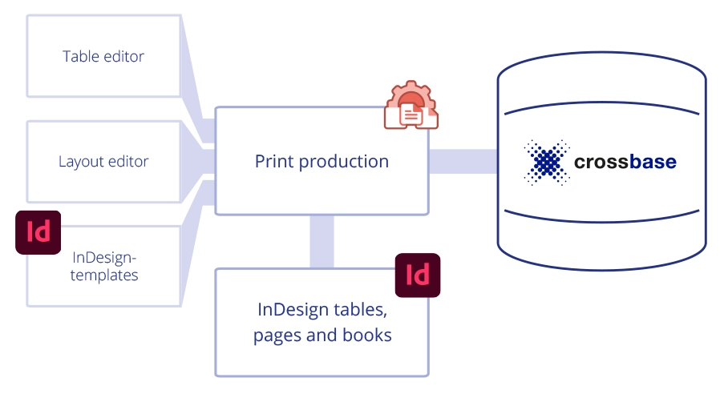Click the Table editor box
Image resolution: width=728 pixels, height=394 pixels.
103,56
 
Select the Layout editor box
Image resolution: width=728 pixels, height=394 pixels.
103,162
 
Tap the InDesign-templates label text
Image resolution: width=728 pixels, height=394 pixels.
104,266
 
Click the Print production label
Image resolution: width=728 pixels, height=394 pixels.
322,162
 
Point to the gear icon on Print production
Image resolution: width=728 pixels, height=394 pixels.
411,105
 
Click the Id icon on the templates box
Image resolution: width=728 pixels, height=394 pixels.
38,232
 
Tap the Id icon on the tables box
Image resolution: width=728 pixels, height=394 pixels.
418,275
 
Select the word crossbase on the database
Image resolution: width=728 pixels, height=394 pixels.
625,162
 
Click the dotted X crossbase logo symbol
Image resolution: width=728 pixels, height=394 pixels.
547,163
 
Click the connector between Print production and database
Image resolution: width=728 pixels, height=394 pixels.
463,161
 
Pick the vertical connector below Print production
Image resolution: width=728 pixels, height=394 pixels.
322,242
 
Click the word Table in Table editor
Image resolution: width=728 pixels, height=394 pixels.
81,56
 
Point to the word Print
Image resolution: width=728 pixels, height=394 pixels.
274,161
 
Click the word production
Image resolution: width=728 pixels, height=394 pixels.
344,162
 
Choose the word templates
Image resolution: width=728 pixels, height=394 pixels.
104,275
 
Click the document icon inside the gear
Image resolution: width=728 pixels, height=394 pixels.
411,115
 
